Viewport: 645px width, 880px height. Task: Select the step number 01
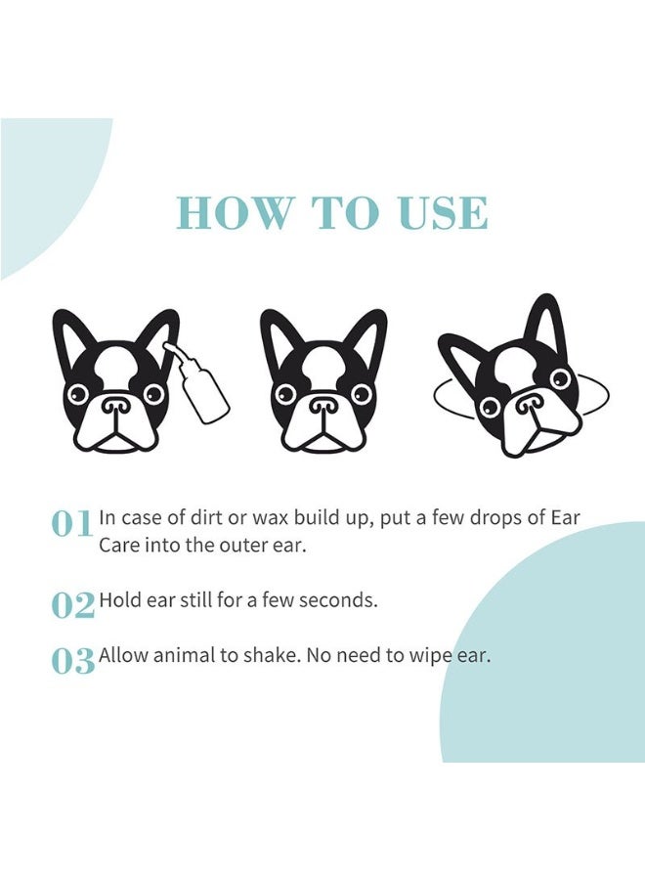pos(72,524)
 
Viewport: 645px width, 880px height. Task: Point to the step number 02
pos(72,605)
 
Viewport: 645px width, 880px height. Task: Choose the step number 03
pos(72,661)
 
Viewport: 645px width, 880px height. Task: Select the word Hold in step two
pos(119,599)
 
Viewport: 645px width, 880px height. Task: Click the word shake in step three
pos(267,655)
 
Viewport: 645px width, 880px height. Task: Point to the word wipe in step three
pos(431,656)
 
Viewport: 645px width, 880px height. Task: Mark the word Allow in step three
pos(123,655)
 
